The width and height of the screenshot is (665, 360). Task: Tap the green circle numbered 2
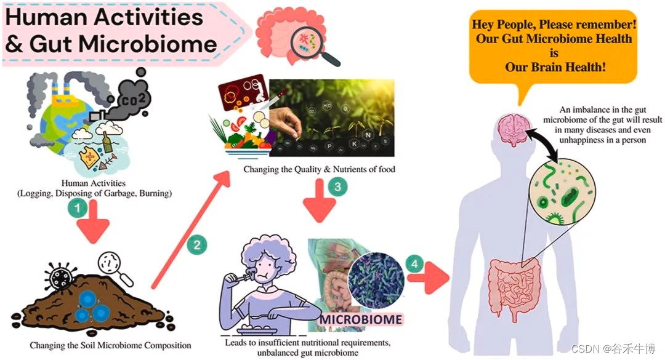coord(196,245)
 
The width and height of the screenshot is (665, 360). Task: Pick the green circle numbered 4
coord(414,265)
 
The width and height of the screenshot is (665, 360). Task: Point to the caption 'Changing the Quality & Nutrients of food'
coord(319,169)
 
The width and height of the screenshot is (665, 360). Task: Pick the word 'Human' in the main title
coord(44,17)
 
